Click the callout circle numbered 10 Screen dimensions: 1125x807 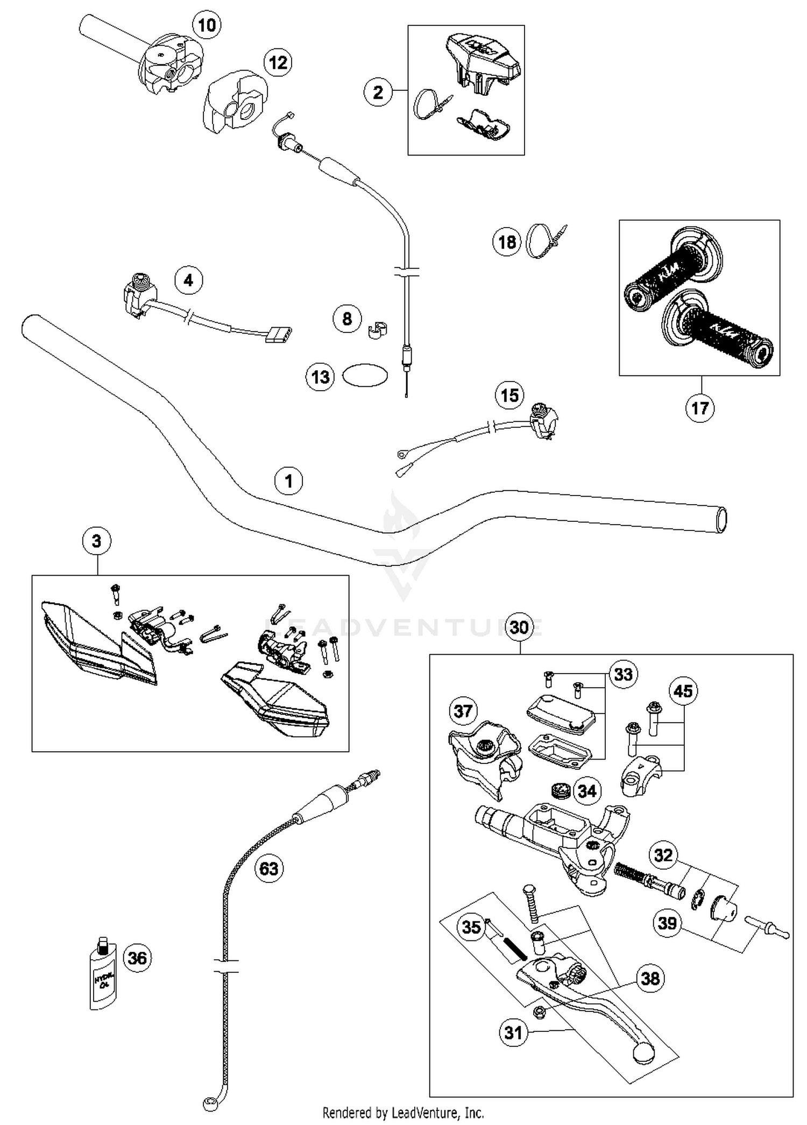click(207, 25)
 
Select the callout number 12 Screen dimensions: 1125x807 click(278, 63)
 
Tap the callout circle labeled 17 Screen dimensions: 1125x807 click(699, 408)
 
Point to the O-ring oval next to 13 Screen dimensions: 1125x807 click(365, 376)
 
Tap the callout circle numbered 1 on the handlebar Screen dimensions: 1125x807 click(288, 480)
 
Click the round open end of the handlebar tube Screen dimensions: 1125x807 click(721, 520)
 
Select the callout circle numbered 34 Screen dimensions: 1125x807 click(586, 791)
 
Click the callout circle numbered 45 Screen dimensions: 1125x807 click(683, 691)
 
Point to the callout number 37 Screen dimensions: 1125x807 click(463, 711)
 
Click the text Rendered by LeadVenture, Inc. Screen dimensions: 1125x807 click(403, 1112)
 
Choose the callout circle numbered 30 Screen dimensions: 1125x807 click(519, 627)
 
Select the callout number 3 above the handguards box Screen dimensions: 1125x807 click(97, 541)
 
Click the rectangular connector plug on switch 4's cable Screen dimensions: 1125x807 click(278, 334)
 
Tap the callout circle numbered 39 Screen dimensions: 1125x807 click(667, 923)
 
